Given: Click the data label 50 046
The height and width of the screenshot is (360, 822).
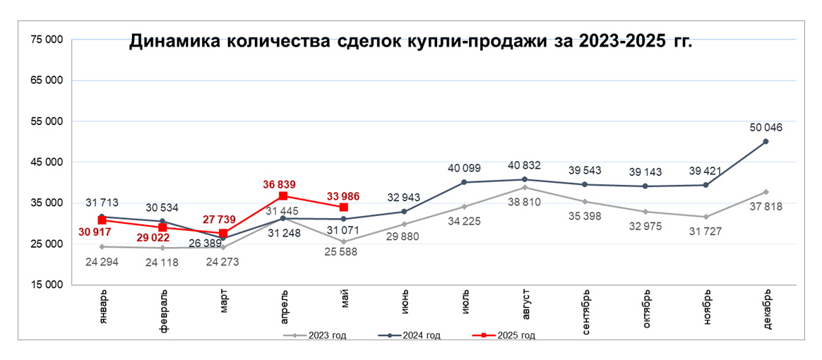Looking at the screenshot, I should click(x=766, y=128).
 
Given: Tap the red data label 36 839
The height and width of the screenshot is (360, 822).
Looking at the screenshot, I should click(x=282, y=182).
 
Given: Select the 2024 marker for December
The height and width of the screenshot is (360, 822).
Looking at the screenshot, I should click(x=766, y=142).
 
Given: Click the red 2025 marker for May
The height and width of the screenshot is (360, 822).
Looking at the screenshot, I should click(x=343, y=208).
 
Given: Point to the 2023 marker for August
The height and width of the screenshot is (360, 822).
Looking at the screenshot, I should click(x=524, y=188).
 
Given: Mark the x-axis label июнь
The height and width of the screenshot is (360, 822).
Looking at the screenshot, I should click(x=404, y=301).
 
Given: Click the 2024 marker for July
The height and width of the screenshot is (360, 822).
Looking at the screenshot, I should click(x=464, y=182).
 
